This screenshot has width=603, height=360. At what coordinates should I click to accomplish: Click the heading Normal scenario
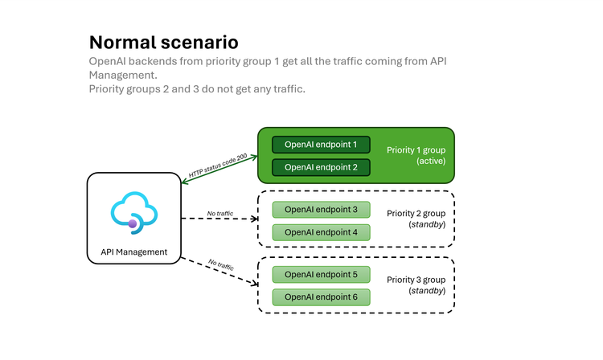pyautogui.click(x=163, y=42)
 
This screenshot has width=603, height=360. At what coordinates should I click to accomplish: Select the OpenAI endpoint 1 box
pyautogui.click(x=321, y=145)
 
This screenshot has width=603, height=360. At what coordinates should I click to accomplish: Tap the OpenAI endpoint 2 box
pyautogui.click(x=321, y=167)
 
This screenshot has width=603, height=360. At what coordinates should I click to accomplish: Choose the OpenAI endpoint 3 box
pyautogui.click(x=321, y=210)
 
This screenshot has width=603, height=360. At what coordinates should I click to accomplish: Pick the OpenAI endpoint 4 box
pyautogui.click(x=321, y=232)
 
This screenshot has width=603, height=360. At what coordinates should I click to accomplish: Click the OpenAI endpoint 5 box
pyautogui.click(x=321, y=274)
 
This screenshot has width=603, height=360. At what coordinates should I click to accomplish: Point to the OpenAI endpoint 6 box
pyautogui.click(x=321, y=297)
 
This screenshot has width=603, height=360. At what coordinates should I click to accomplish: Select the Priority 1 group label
pyautogui.click(x=416, y=149)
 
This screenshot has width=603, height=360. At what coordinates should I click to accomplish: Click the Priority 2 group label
pyautogui.click(x=416, y=214)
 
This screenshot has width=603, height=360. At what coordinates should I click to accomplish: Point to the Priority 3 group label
pyautogui.click(x=416, y=279)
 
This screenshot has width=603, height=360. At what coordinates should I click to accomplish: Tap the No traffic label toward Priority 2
pyautogui.click(x=220, y=213)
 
